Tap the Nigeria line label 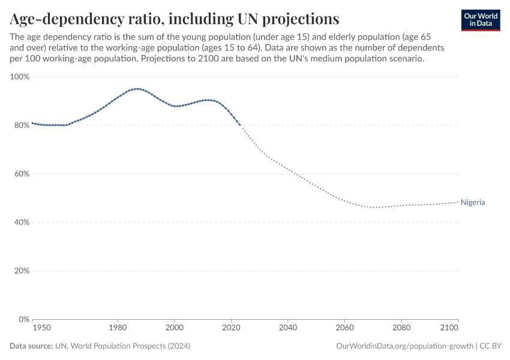473,203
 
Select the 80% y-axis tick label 20,125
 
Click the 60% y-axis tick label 20,174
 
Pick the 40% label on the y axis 20,223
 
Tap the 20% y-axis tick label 20,271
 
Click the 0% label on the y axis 22,319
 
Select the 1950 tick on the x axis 41,328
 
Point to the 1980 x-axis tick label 118,328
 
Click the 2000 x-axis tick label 175,328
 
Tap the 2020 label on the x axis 231,328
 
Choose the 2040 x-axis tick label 288,328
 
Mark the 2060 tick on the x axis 344,328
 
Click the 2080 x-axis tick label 401,328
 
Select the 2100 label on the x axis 449,328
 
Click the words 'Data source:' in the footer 31,346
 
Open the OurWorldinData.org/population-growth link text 405,346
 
